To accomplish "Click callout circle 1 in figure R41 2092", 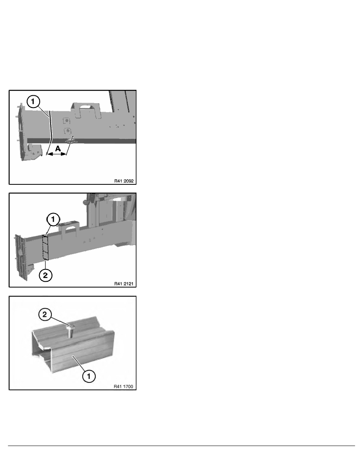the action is [33, 102].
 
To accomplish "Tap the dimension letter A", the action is [58, 148].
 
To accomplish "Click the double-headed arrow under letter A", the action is [56, 154].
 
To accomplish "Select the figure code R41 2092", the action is [124, 181].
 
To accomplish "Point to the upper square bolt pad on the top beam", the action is [66, 120].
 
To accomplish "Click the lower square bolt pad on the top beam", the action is [68, 131].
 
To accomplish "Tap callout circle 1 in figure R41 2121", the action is [53, 219].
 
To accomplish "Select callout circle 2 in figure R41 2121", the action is [45, 275].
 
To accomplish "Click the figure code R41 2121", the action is [124, 284].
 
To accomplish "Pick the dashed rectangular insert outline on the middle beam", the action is [45, 247].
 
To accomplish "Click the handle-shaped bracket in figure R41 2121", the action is [69, 229].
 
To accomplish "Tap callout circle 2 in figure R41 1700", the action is [45, 314].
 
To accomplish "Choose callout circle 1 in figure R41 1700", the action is [89, 376].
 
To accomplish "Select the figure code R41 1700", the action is [124, 386].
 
